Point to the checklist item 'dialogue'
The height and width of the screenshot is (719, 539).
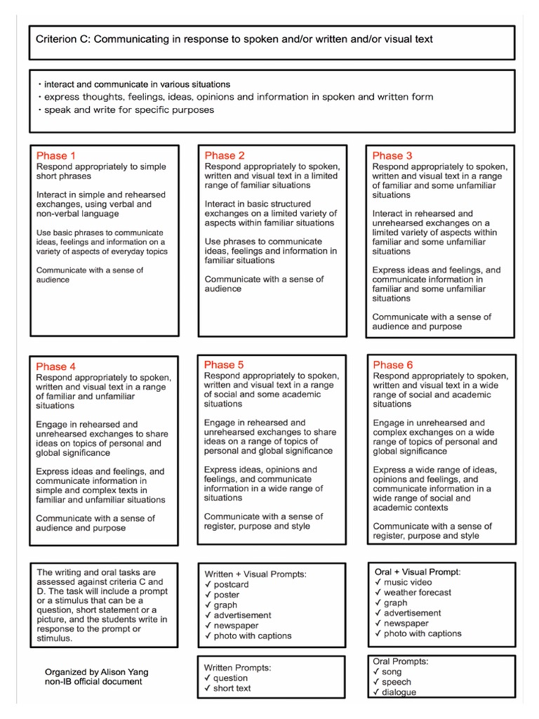point(399,692)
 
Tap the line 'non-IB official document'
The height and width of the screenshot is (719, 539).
point(93,681)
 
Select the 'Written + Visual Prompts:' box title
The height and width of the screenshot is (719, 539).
point(255,574)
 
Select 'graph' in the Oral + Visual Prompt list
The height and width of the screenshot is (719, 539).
point(396,602)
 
